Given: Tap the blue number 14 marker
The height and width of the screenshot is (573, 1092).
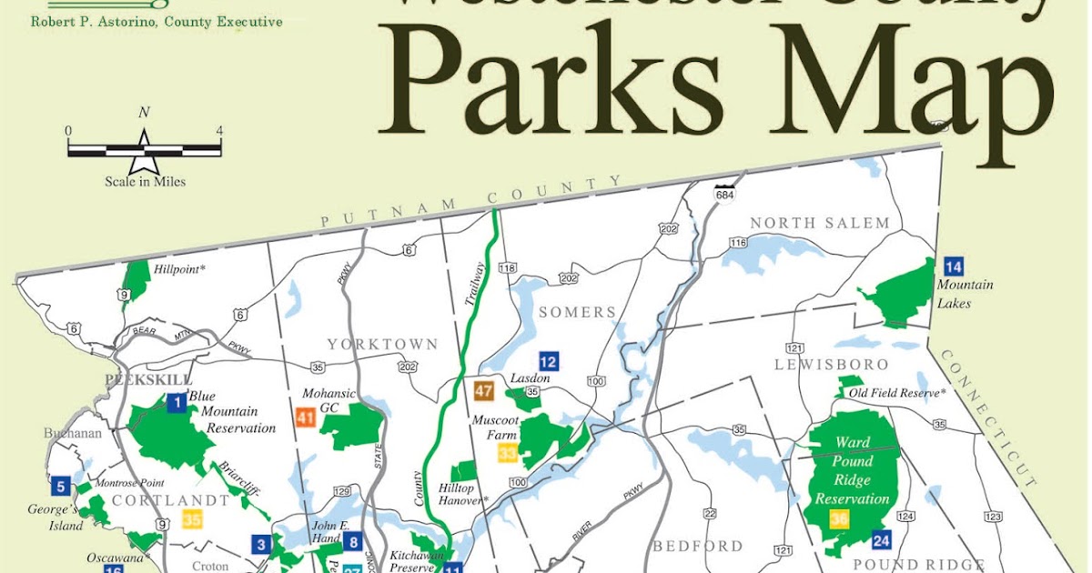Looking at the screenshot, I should tap(953, 266).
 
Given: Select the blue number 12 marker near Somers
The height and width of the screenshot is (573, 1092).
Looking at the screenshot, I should tap(548, 360).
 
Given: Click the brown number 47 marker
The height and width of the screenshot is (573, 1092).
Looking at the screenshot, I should tap(483, 392).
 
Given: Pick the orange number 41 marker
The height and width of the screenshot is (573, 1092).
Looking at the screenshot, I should tap(306, 417).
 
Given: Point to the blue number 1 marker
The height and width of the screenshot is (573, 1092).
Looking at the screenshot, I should tap(177, 401).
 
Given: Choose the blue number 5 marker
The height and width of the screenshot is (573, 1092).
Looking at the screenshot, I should tap(60, 486).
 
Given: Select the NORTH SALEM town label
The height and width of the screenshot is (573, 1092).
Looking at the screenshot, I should tap(819, 223).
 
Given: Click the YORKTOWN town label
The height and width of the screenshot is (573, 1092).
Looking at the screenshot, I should tap(382, 345).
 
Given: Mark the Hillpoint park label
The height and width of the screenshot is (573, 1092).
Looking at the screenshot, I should tap(180, 270).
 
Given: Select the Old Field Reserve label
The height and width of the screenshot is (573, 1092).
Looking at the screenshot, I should tap(897, 393).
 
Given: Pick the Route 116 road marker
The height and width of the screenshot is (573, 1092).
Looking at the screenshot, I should tap(737, 243).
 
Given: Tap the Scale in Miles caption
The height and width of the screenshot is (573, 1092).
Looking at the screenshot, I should tap(145, 181).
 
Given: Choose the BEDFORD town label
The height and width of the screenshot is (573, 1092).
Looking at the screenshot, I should tap(698, 546).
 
